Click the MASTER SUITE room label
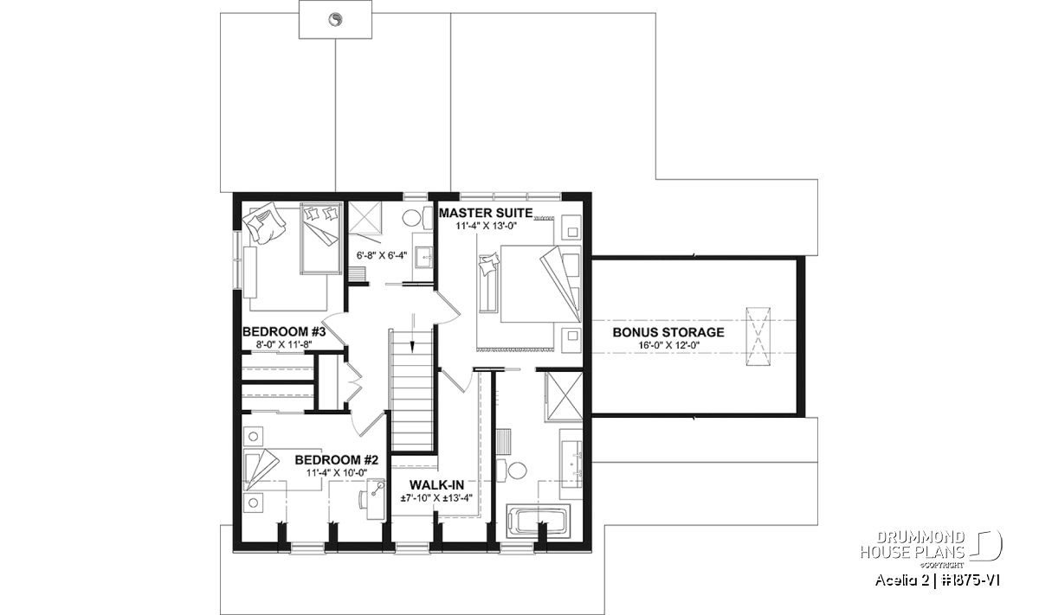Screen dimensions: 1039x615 [x=486, y=213]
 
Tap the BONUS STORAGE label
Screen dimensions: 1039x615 [x=668, y=332]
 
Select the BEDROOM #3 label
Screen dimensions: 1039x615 [x=284, y=332]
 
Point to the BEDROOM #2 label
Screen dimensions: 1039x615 [x=337, y=460]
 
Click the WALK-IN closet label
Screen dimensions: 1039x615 [x=436, y=485]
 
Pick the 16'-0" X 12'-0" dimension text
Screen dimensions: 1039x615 [x=668, y=345]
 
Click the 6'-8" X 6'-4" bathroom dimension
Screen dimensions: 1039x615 [x=382, y=255]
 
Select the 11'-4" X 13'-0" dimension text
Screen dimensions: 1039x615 [x=486, y=226]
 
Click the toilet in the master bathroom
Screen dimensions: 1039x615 [x=513, y=471]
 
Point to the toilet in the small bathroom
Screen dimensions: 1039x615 [x=415, y=218]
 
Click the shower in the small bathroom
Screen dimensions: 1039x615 [x=365, y=216]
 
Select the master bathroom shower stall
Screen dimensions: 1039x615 [x=564, y=396]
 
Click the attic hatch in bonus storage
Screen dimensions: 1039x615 [x=758, y=336]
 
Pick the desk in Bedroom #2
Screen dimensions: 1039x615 [x=376, y=499]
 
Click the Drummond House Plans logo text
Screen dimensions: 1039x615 [x=913, y=545]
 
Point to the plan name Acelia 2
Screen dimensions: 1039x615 [x=901, y=580]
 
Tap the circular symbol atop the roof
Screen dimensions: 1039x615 [x=335, y=20]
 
